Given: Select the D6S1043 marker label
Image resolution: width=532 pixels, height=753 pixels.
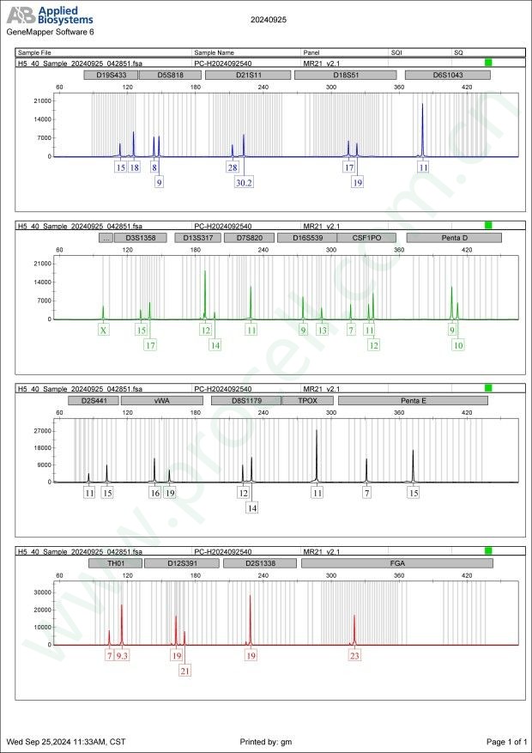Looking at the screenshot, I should (447, 75).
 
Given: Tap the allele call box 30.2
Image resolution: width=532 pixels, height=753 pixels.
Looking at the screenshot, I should (244, 182).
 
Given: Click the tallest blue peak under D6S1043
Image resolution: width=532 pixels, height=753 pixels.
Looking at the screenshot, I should (422, 106).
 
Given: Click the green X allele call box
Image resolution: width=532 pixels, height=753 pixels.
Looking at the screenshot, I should (103, 330).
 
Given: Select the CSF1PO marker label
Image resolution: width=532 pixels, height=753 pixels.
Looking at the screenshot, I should (366, 237).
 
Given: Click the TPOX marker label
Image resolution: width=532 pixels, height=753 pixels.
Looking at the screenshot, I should (314, 400).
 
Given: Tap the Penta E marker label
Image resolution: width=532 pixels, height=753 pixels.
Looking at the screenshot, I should (413, 400).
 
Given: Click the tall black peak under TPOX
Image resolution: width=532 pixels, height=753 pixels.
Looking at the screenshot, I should (317, 432).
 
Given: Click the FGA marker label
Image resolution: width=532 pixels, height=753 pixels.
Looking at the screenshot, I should (396, 563).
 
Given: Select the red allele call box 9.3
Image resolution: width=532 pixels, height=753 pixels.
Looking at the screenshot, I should (122, 655).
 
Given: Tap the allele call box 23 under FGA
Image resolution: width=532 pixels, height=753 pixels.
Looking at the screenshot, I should (354, 655).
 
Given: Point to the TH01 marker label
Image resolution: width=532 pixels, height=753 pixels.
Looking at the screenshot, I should (115, 563).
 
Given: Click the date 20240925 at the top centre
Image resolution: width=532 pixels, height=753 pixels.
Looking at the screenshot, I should (269, 19).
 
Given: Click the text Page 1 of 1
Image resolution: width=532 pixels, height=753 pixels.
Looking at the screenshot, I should (505, 741).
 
